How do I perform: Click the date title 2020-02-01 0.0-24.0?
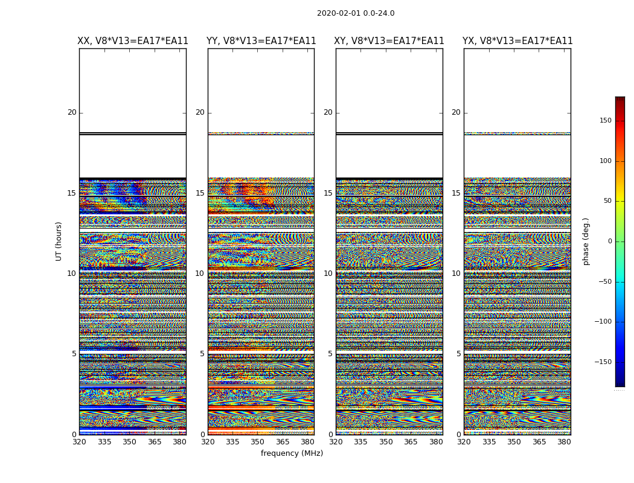coord(356,13)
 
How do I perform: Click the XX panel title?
coord(133,41)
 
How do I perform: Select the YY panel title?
coord(261,41)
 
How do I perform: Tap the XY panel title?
coord(389,41)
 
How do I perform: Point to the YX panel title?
coord(517,41)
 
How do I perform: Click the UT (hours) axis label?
coord(59,241)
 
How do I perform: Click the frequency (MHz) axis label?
coord(292,453)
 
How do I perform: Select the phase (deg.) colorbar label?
coord(586,241)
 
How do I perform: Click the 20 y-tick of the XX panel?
coord(72,112)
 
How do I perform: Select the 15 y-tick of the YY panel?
coord(200,193)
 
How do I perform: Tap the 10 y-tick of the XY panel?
coord(328,273)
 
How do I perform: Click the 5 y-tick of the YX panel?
coord(458,354)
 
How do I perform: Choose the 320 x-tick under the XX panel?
coord(79,441)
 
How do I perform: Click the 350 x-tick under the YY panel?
coord(258,441)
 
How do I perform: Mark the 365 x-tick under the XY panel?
coord(411,441)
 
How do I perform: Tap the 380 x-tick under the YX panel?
coord(564,441)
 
